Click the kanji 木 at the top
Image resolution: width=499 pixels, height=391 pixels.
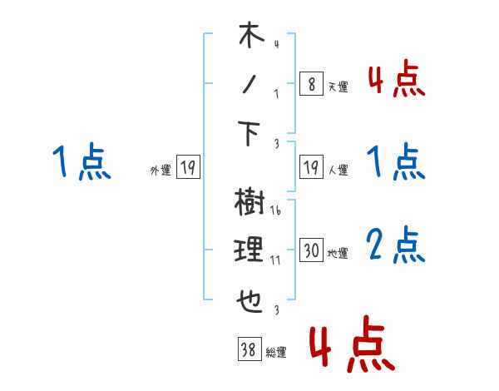(x=250, y=37)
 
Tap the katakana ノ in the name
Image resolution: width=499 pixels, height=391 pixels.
(x=249, y=84)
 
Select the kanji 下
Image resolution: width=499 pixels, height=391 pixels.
(x=250, y=132)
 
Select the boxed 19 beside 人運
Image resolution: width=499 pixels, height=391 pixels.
(x=310, y=168)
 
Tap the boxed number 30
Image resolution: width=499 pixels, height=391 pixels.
(x=311, y=250)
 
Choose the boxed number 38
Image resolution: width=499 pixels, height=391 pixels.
(x=247, y=350)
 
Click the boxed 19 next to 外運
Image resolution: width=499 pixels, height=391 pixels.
(x=187, y=168)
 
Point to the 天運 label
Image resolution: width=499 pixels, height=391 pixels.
(x=338, y=87)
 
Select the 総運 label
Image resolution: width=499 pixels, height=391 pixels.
(x=275, y=353)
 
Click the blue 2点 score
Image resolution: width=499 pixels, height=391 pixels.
(x=395, y=245)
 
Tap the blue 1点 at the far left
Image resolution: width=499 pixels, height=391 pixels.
(x=82, y=161)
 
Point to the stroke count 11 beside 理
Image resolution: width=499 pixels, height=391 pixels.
(x=275, y=260)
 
